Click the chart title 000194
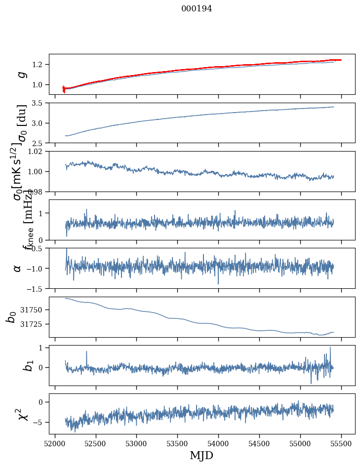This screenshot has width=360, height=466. [x=197, y=8]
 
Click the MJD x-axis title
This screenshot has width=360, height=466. [x=201, y=455]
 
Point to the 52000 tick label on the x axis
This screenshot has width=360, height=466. [x=55, y=443]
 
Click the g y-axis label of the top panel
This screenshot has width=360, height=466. [x=21, y=75]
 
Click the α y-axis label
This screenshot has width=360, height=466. [x=18, y=268]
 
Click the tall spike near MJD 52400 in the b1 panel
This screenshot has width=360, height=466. [x=87, y=352]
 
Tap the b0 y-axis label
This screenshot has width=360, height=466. [x=11, y=317]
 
